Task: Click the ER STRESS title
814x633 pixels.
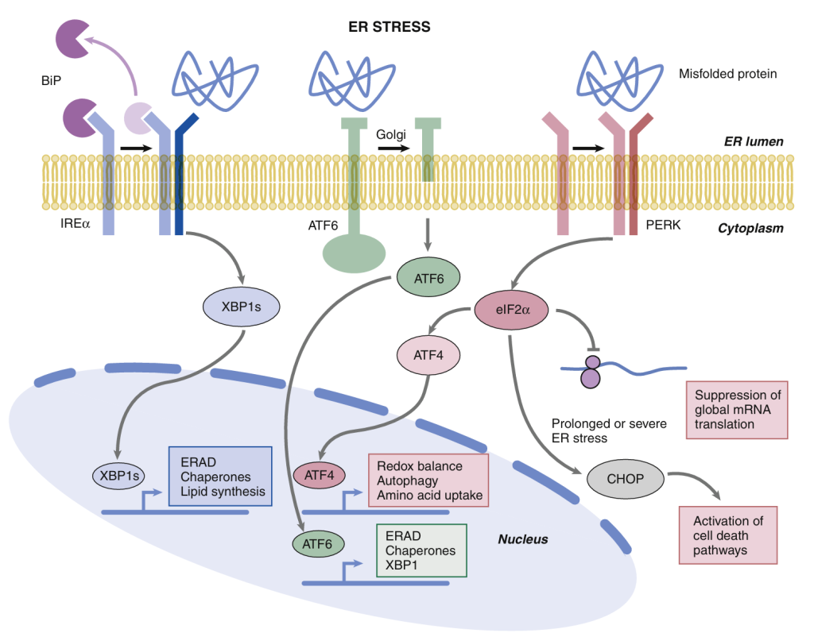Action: point(390,27)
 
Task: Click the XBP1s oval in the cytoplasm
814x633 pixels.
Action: point(241,305)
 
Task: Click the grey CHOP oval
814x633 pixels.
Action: point(626,479)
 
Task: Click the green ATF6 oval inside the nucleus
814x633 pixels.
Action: point(318,544)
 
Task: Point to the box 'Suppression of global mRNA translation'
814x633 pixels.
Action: point(737,409)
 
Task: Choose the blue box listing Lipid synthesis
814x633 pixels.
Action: point(220,477)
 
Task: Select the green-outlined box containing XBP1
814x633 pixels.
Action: point(420,550)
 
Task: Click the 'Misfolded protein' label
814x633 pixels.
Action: point(727,74)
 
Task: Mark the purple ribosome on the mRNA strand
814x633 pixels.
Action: point(591,371)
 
